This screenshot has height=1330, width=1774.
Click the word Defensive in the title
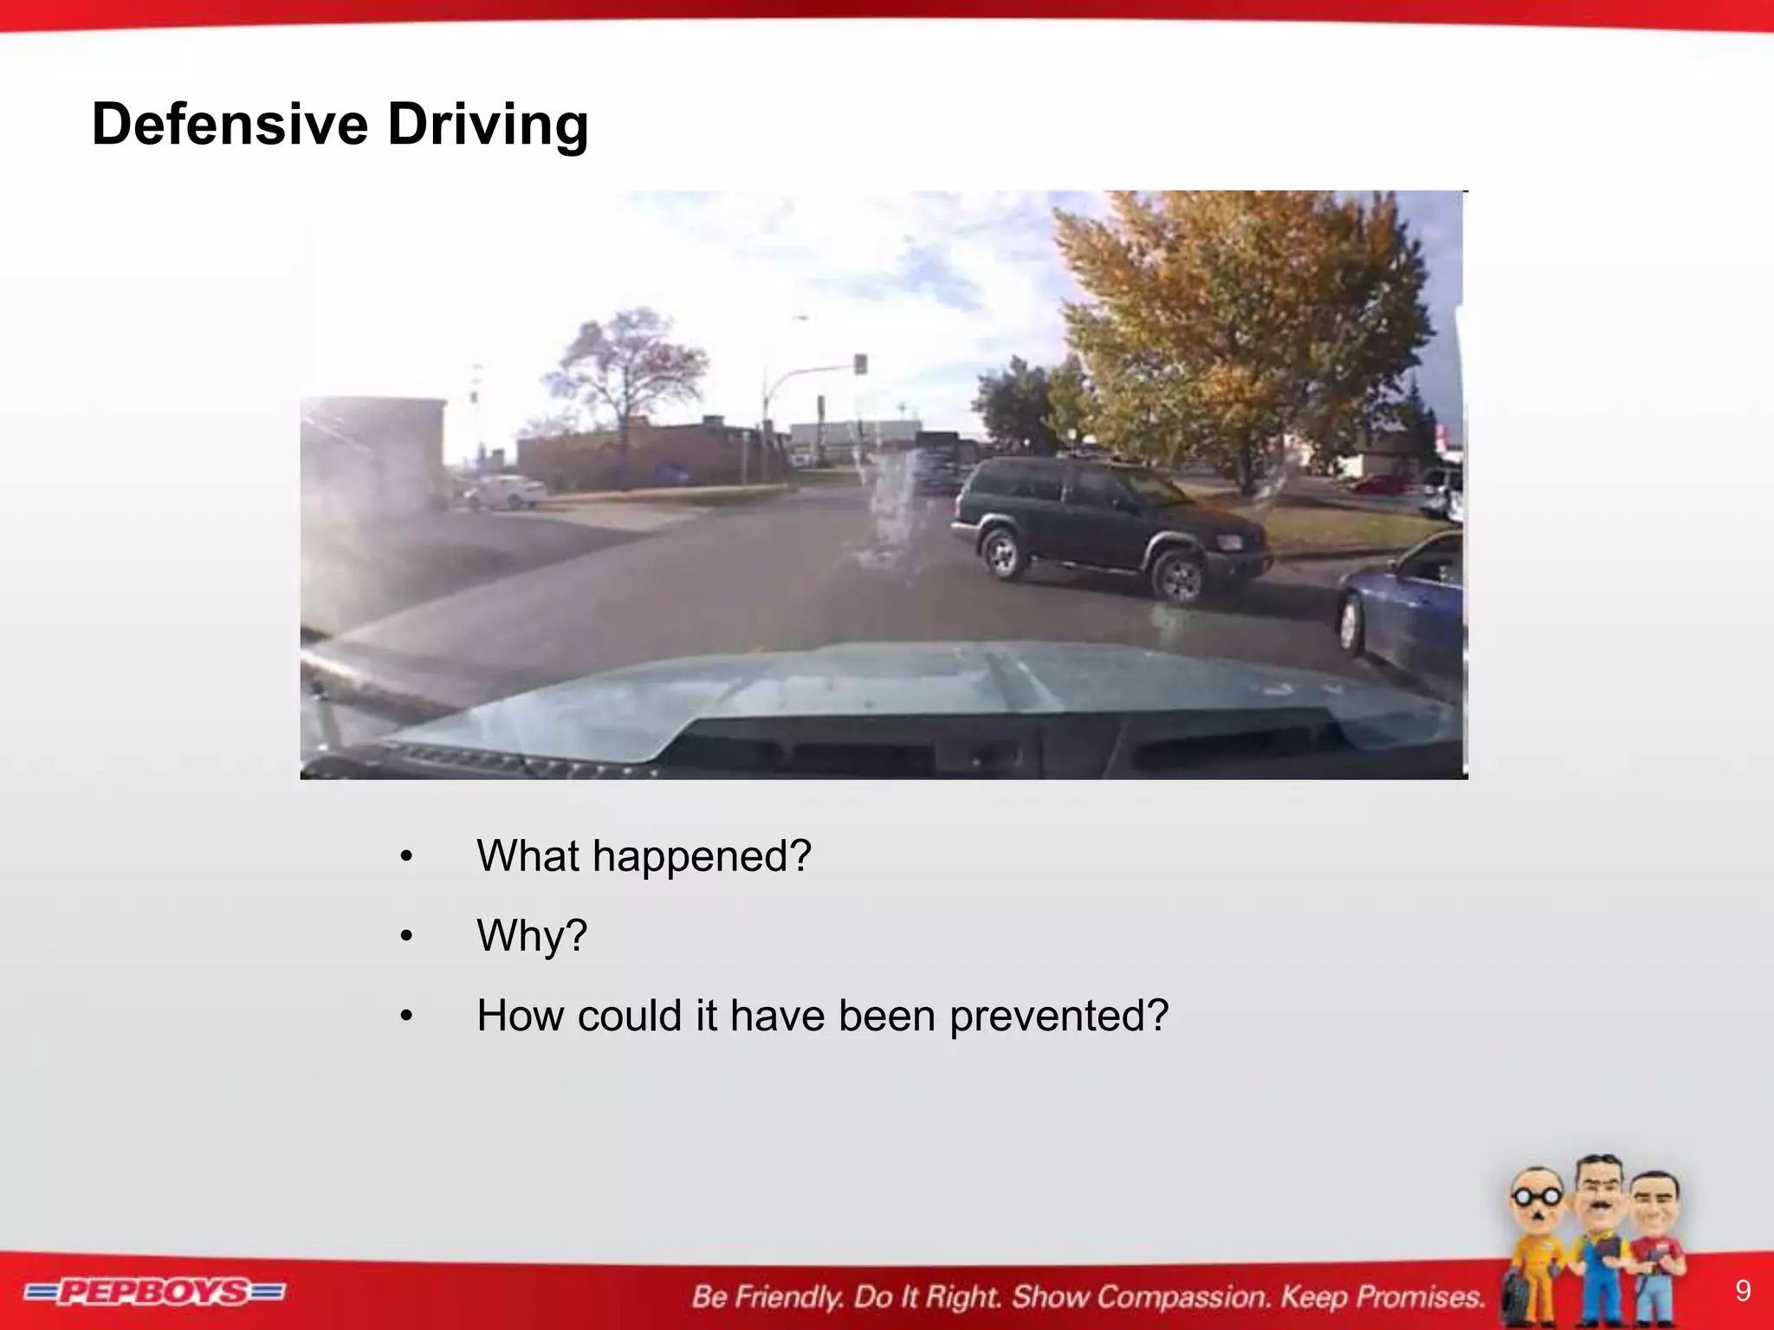pyautogui.click(x=230, y=125)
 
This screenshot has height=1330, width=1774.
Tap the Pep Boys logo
pyautogui.click(x=154, y=1293)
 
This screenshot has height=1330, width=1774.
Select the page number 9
pyautogui.click(x=1743, y=1291)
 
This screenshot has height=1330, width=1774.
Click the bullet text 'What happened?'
pyautogui.click(x=644, y=856)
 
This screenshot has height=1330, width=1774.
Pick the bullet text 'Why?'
pyautogui.click(x=532, y=936)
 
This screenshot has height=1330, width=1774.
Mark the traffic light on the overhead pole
pyautogui.click(x=859, y=364)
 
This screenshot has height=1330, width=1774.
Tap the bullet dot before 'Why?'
pyautogui.click(x=406, y=936)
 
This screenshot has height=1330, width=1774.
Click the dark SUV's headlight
pyautogui.click(x=1229, y=543)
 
